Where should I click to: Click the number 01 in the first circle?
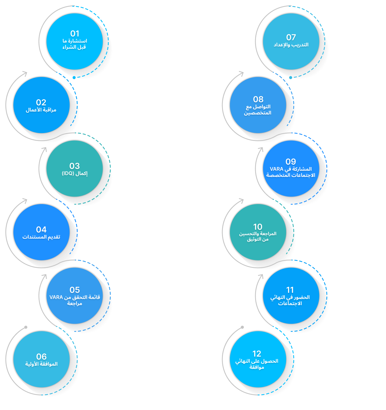point(75,33)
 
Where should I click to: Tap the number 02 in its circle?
point(41,102)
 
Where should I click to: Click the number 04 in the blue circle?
point(41,229)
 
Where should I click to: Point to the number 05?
point(75,290)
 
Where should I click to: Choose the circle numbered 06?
point(41,360)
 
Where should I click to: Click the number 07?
point(291,37)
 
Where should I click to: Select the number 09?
point(291,162)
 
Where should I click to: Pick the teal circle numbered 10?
point(258,232)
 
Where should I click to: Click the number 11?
point(290,290)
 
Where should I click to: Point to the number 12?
point(257,354)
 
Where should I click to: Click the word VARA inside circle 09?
point(276,169)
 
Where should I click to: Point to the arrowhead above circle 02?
point(25,73)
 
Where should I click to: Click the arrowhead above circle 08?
point(242,73)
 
